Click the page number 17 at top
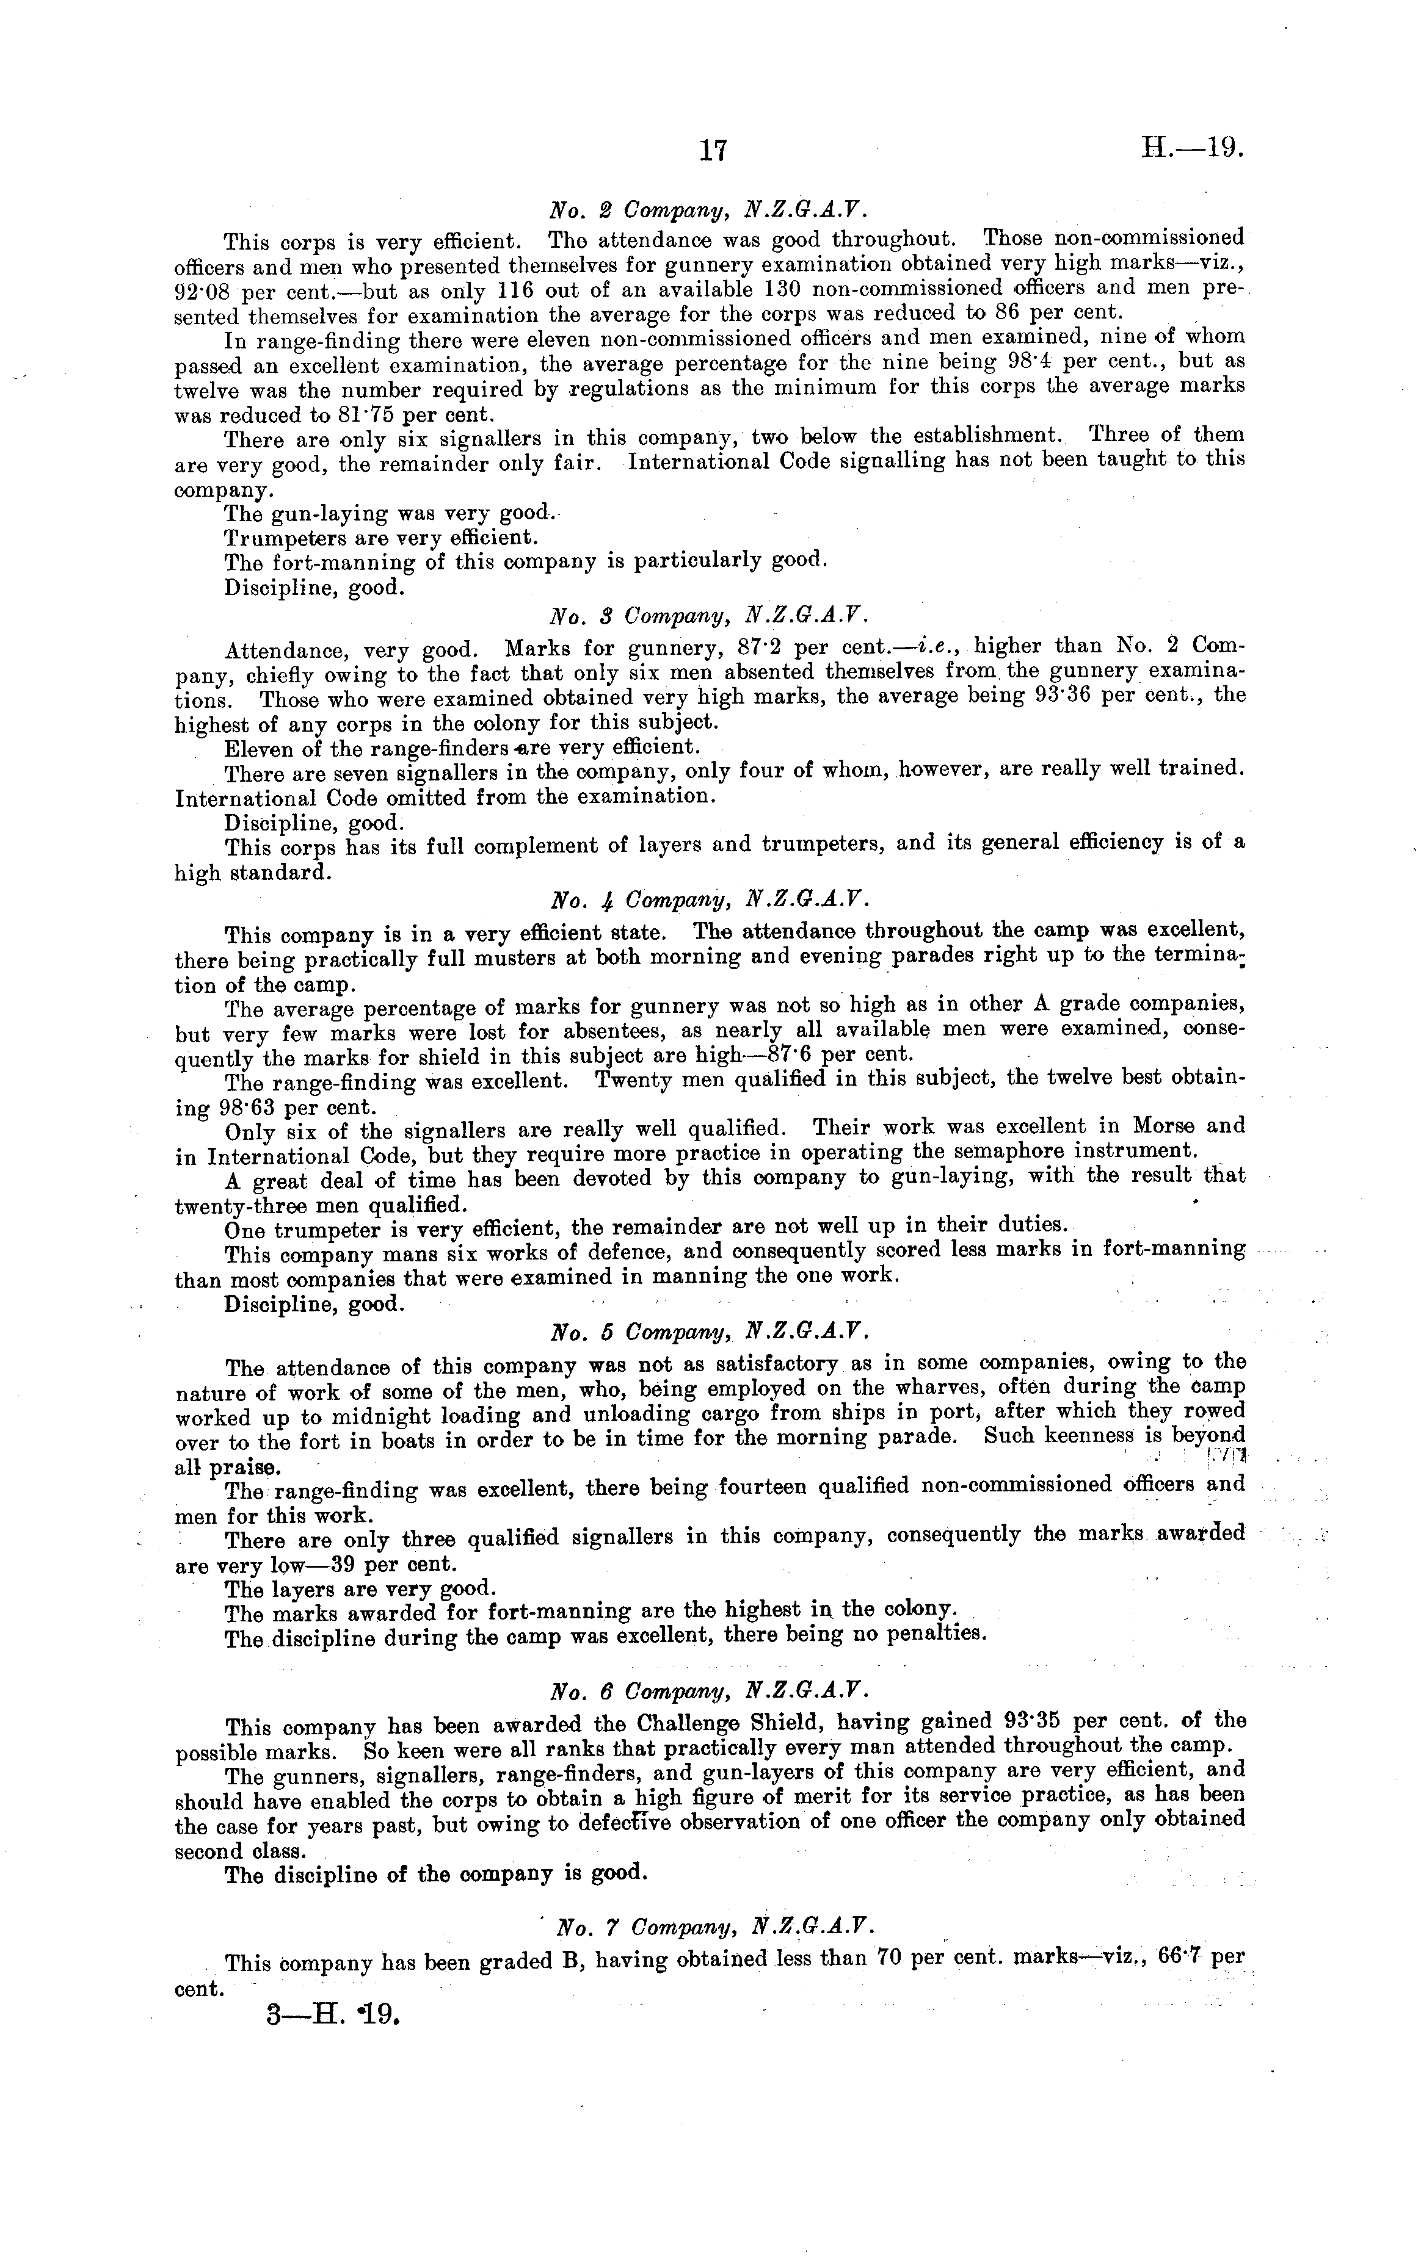click(713, 150)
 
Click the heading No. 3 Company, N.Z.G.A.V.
click(710, 616)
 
